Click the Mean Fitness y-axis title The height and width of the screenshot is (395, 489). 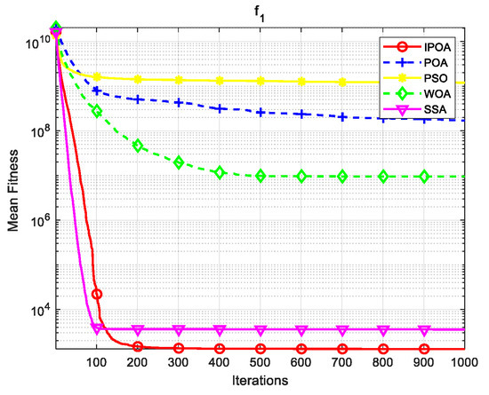tap(12, 188)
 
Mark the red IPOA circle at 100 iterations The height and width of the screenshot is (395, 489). tap(97, 294)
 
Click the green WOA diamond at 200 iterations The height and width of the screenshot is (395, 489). tap(138, 145)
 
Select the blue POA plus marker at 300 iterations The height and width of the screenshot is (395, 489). tap(179, 102)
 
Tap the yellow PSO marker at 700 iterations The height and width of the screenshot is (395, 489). tap(342, 83)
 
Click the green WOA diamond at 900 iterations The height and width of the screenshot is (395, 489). tap(424, 177)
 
